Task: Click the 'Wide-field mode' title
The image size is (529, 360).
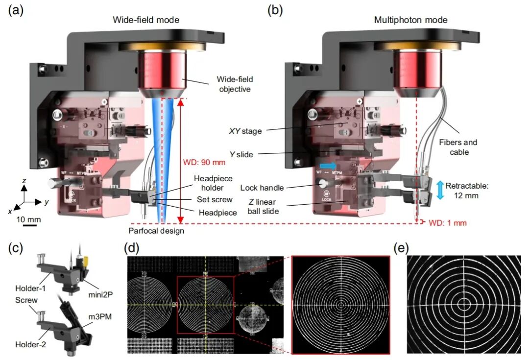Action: tap(146, 20)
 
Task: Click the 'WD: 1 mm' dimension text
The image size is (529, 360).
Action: tap(448, 223)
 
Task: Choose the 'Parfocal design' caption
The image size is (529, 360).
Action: tap(156, 231)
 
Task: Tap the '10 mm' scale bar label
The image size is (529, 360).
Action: tap(30, 219)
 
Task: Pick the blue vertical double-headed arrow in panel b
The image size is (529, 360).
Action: tap(440, 190)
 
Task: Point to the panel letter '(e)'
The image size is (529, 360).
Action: tap(402, 248)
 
